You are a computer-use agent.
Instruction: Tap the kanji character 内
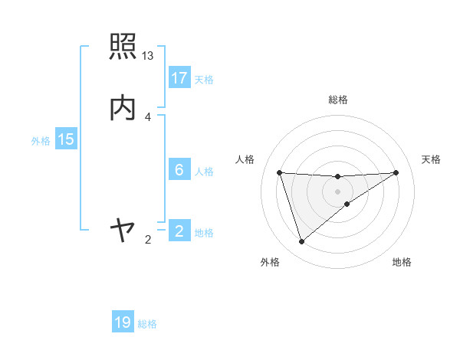pos(123,107)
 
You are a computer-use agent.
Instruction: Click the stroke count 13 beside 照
pos(148,56)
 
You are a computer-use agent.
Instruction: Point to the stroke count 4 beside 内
pos(148,116)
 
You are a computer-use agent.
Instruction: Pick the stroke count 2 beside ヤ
pos(148,240)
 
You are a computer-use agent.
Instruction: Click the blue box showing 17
pos(179,78)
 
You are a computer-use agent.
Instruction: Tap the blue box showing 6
pos(179,170)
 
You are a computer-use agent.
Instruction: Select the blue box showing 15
pos(66,139)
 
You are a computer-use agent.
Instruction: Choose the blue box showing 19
pos(123,323)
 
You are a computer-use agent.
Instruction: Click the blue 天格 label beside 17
pos(204,79)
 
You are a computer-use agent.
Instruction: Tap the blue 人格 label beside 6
pos(204,171)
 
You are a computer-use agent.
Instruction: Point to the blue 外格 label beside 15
pos(41,140)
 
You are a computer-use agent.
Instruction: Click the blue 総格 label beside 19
pos(147,324)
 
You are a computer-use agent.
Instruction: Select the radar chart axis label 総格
pos(338,100)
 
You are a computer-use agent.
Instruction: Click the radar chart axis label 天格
pos(432,159)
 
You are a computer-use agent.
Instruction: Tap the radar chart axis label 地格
pos(402,262)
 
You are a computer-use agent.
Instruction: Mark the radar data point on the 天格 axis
pos(396,172)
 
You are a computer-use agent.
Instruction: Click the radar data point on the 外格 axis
pos(301,242)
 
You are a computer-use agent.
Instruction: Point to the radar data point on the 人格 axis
pos(280,172)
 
